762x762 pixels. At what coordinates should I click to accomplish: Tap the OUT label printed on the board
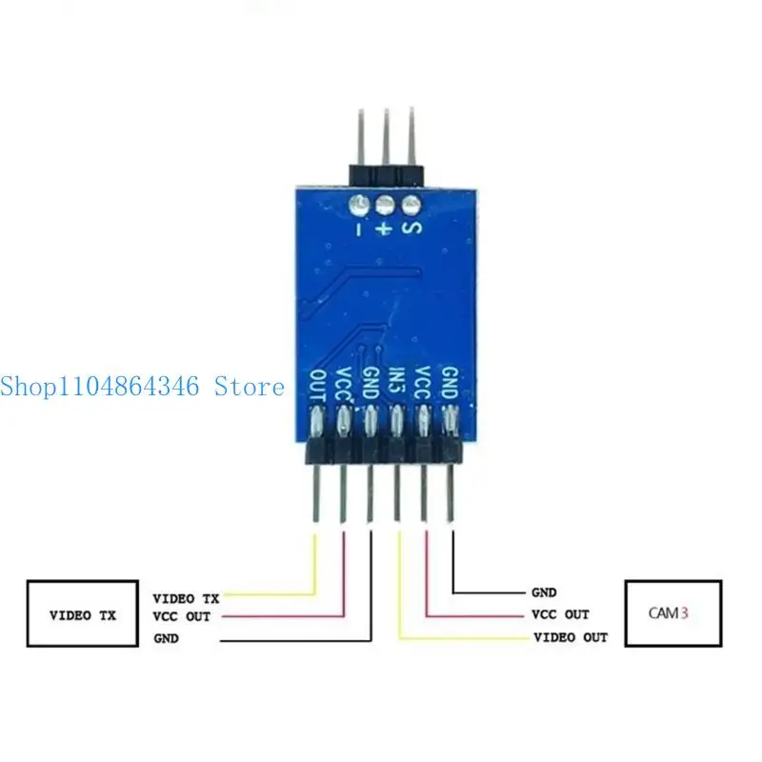(318, 386)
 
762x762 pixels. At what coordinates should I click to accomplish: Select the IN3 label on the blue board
(397, 383)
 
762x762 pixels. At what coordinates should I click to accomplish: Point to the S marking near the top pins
(412, 228)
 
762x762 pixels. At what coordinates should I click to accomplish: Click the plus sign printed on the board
(385, 228)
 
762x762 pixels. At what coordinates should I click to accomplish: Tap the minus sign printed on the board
(359, 229)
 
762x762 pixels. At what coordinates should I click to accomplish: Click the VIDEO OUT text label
(571, 637)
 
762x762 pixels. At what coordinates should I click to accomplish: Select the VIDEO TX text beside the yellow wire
(186, 598)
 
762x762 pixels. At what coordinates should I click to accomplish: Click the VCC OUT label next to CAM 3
(560, 614)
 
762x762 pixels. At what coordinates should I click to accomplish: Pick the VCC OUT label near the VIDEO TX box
(182, 616)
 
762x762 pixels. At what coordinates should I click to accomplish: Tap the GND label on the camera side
(544, 592)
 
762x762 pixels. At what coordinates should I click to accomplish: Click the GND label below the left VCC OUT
(166, 638)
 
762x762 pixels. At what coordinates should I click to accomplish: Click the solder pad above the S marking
(411, 205)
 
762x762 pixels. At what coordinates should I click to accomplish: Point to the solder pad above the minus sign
(359, 205)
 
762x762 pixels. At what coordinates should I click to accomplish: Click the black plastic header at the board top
(387, 175)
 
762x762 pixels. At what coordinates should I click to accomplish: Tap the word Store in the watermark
(250, 387)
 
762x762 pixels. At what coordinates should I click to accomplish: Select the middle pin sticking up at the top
(386, 136)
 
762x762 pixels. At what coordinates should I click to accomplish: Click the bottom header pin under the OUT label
(317, 493)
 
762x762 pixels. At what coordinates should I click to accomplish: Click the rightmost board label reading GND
(450, 383)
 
